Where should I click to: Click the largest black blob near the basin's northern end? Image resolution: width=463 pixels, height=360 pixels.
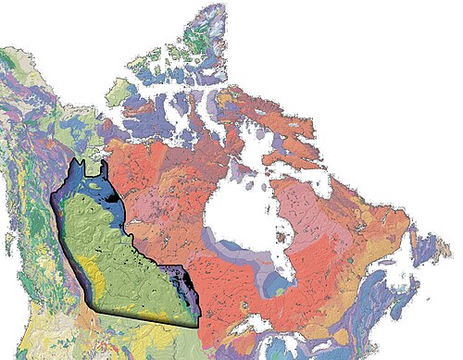click(112, 194)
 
